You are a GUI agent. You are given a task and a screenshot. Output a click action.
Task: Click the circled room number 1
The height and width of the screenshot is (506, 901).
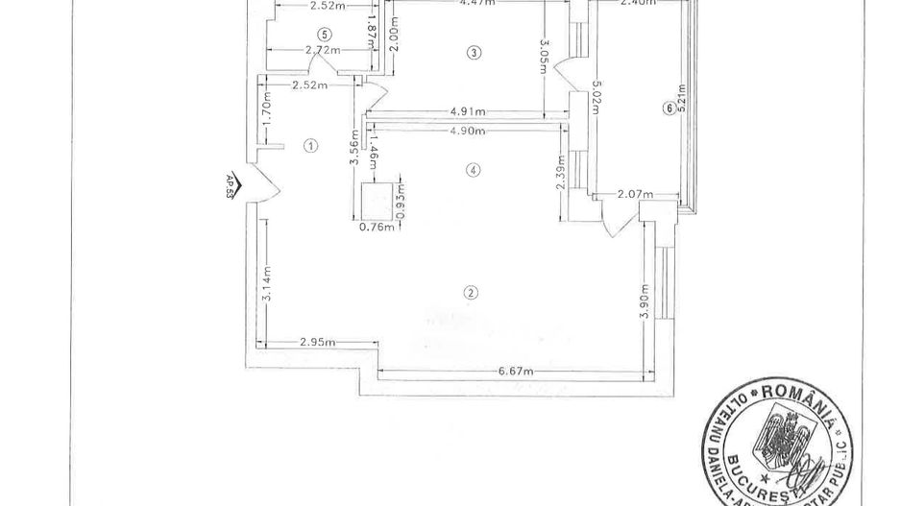(x=309, y=146)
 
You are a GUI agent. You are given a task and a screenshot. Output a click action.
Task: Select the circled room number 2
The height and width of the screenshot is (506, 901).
(x=471, y=293)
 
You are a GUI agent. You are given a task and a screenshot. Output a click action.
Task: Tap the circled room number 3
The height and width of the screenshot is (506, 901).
(x=472, y=52)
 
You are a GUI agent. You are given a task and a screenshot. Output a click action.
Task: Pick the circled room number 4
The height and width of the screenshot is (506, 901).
(x=472, y=170)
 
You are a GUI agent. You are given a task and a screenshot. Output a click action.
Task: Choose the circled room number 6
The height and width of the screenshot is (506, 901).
(x=669, y=108)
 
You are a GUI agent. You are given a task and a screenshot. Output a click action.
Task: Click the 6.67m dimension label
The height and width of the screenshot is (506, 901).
(x=515, y=371)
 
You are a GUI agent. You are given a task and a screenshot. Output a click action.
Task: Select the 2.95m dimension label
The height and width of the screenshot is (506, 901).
(x=318, y=342)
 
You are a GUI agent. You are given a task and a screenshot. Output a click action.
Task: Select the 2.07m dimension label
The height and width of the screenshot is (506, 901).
(x=635, y=195)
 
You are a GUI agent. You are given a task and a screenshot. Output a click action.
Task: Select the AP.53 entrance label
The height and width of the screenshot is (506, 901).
(x=231, y=184)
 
